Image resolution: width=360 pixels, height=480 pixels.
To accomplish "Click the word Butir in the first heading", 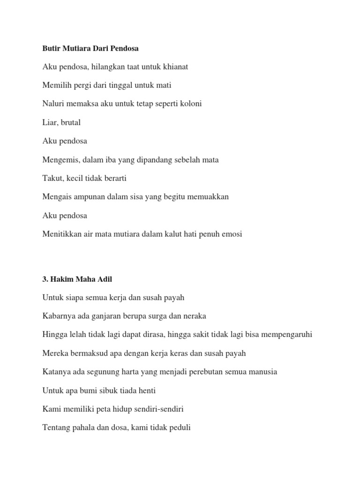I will pos(51,48).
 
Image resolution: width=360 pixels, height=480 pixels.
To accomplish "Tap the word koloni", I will pos(189,104).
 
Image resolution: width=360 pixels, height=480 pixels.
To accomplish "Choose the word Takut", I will pos(52,178).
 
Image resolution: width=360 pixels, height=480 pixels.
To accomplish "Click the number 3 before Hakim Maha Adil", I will pos(45,279).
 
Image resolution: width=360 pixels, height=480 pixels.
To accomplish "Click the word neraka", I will pos(194,316).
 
